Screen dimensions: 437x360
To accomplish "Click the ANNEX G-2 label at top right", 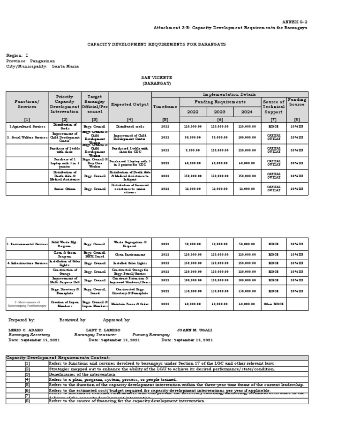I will pos(294,22).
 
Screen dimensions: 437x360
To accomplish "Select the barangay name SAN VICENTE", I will pos(157,77).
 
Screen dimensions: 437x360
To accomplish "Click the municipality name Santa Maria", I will pos(65,67).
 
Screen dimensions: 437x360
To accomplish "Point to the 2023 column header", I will pos(219,112).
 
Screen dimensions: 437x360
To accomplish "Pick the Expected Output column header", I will pos(130,104).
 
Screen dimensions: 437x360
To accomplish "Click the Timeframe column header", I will pos(165,107).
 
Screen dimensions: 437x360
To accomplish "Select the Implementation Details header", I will pos(230,94).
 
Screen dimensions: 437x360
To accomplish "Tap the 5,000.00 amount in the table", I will pos(193,151).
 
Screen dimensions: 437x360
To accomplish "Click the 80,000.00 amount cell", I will pos(193,137).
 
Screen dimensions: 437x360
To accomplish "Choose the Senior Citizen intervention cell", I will pos(65,188).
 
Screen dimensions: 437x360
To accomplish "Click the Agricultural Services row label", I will pos(27,127).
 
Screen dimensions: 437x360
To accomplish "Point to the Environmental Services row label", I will pos(27,244).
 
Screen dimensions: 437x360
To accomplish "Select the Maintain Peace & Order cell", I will pos(130,304).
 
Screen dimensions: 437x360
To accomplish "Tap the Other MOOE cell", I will pos(273,304).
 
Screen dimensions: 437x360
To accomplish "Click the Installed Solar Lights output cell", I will pos(130,264).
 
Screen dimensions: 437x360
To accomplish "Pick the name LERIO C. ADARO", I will pos(26,330).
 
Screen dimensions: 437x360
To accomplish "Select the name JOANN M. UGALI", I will pos(195,330).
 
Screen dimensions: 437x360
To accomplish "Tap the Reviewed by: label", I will pos(72,320).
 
